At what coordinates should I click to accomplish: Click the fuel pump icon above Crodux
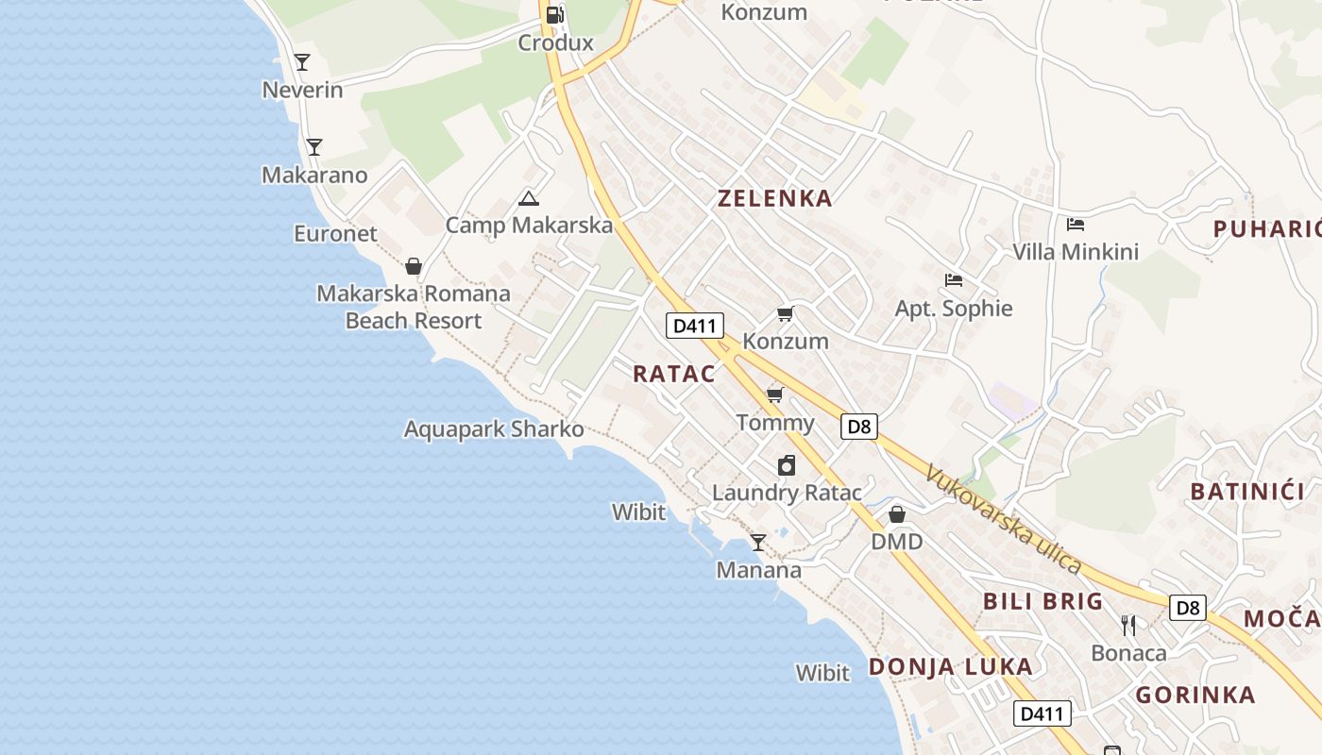[555, 14]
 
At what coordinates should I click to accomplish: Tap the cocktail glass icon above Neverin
[302, 62]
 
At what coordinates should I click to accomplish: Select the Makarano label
[314, 175]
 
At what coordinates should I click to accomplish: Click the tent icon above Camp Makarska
[529, 198]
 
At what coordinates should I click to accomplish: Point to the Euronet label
[335, 233]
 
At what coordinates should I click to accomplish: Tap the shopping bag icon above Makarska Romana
[413, 266]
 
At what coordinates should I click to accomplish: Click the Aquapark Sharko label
[494, 428]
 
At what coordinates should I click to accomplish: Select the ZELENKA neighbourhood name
[775, 198]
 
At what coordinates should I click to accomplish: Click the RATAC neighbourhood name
[674, 373]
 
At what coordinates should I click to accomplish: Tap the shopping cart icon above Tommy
[775, 394]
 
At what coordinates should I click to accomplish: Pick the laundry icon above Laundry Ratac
[787, 464]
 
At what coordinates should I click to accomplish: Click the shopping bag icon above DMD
[897, 514]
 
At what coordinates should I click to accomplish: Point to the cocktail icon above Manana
[757, 542]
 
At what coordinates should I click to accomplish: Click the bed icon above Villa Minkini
[1075, 225]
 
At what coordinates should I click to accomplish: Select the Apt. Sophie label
[954, 309]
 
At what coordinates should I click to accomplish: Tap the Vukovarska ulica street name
[1003, 519]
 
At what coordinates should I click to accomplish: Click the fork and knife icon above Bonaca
[1128, 625]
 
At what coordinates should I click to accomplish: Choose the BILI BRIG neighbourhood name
[1043, 601]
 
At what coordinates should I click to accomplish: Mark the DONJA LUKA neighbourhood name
[950, 666]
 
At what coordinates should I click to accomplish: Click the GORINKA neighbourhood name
[1195, 696]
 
